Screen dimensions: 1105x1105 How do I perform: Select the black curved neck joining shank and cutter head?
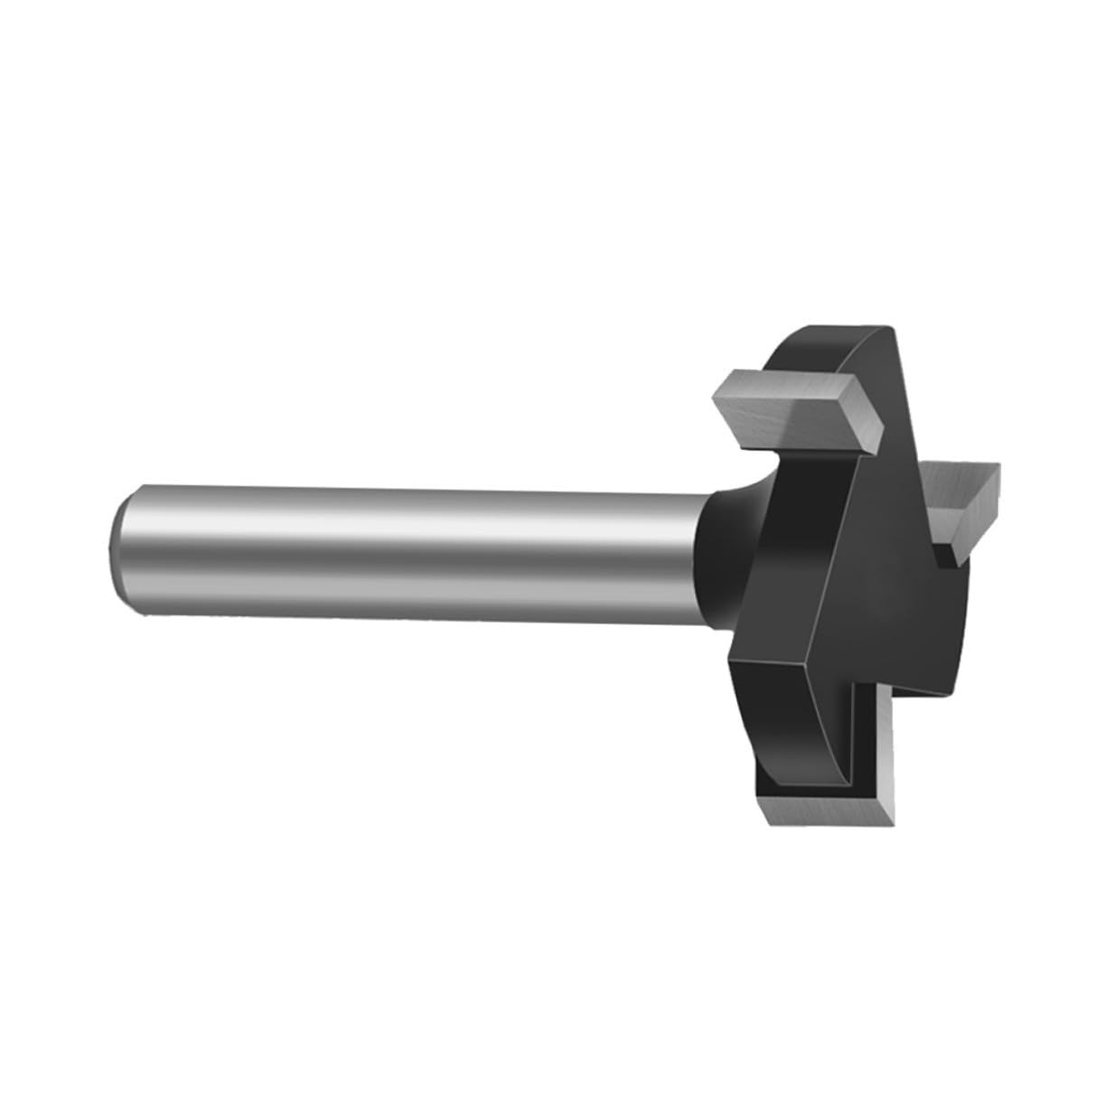point(714,551)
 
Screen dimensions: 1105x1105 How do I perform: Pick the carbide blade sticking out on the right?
point(962,492)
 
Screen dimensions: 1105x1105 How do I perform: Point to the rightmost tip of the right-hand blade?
point(1001,467)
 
